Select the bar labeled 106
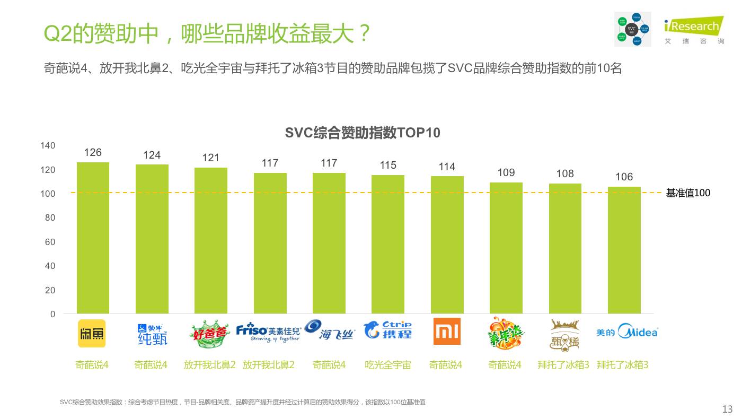(624, 250)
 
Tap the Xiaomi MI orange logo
(447, 332)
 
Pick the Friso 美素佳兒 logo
(268, 333)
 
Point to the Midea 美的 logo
(626, 332)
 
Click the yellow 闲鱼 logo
(92, 333)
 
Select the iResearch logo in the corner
(693, 31)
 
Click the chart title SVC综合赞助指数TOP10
(363, 133)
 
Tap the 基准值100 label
(687, 193)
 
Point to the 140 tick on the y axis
(48, 146)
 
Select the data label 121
(210, 158)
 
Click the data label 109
(506, 173)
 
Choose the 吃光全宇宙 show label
(387, 365)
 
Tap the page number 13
(727, 409)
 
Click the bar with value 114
(447, 245)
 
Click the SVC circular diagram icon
(632, 29)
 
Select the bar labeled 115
(387, 244)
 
